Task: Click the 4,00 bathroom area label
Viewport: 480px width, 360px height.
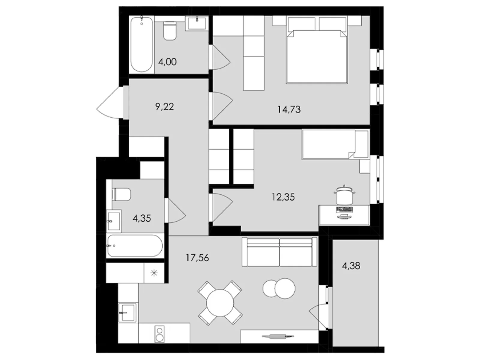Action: pos(167,62)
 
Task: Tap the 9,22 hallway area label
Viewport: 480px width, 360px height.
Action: pos(165,106)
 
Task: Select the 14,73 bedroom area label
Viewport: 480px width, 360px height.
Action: pos(289,109)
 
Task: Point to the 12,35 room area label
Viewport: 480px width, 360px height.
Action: pos(283,197)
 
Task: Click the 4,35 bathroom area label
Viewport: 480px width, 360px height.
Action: pos(142,218)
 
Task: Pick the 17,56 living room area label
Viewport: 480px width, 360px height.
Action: pos(197,258)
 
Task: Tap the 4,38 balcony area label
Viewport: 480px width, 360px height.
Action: pos(351,265)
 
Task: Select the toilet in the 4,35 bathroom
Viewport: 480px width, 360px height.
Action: pos(121,194)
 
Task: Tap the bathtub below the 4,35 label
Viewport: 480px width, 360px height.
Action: pos(135,246)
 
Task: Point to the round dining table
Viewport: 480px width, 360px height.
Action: pos(220,303)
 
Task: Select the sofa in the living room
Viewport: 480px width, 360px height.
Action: pos(280,252)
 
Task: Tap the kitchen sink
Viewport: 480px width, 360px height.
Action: pos(127,312)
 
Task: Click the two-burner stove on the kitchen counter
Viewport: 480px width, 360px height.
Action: pos(159,334)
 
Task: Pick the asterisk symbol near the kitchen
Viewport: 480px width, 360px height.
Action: pos(154,273)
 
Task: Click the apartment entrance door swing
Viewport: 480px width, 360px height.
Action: pos(109,103)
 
